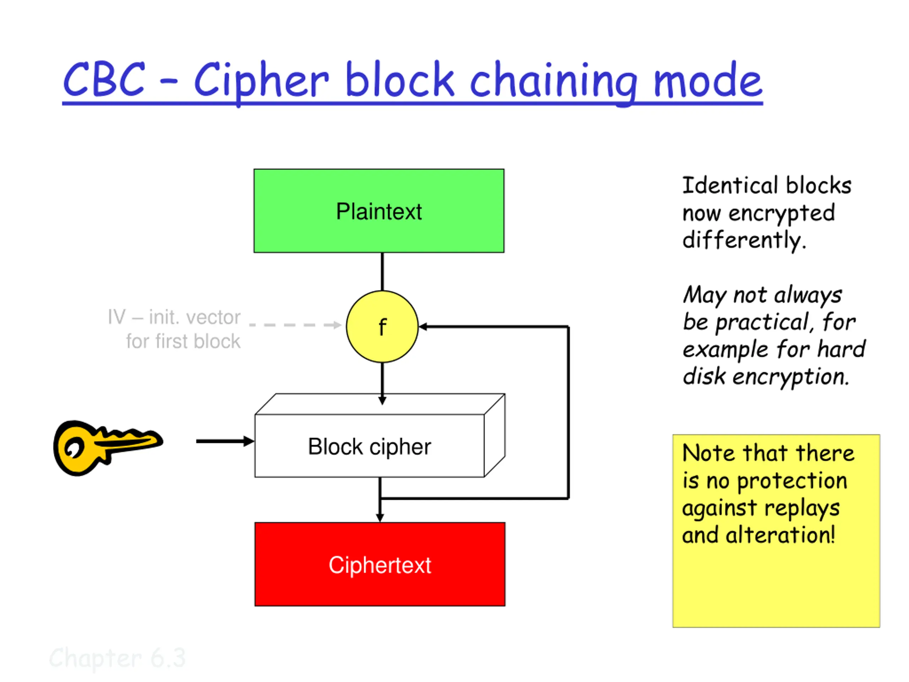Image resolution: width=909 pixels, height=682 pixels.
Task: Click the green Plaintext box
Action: (379, 211)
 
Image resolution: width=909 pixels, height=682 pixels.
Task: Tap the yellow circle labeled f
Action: (382, 327)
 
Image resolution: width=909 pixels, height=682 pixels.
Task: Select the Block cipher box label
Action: (369, 447)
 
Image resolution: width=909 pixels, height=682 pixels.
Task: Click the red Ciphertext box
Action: (380, 564)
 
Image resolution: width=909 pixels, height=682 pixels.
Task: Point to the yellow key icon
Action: (108, 447)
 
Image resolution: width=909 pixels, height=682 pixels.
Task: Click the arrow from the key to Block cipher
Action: (225, 441)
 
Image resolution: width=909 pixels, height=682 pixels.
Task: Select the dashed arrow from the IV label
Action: (295, 325)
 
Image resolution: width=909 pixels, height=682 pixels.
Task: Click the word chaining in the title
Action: (553, 82)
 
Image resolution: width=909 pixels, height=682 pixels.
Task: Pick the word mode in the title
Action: (708, 81)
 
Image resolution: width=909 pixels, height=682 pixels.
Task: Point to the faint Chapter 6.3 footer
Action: (118, 658)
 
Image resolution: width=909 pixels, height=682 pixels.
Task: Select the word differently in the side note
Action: (744, 240)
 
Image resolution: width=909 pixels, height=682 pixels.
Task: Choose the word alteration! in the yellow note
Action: (780, 535)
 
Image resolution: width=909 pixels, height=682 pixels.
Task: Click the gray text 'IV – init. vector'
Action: (174, 317)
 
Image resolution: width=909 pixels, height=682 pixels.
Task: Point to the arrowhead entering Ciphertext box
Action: (380, 518)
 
